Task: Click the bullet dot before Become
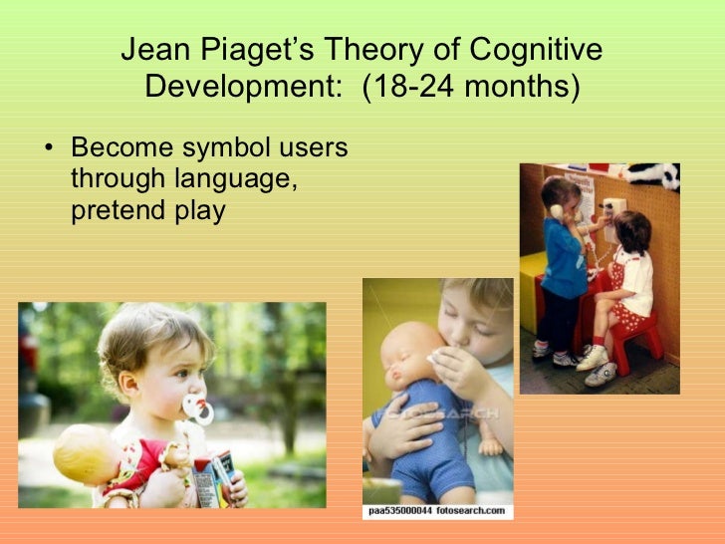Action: point(50,150)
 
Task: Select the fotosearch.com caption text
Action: point(436,511)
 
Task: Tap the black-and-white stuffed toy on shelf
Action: point(653,175)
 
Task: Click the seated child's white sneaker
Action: point(594,357)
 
